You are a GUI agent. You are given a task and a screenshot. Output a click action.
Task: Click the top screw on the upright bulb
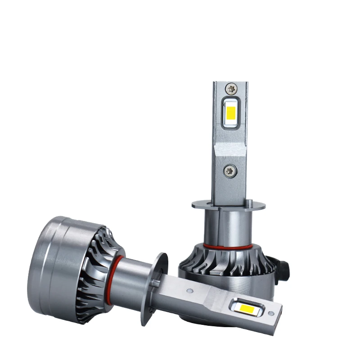231,89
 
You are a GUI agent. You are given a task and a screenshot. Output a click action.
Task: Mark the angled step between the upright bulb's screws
230,148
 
